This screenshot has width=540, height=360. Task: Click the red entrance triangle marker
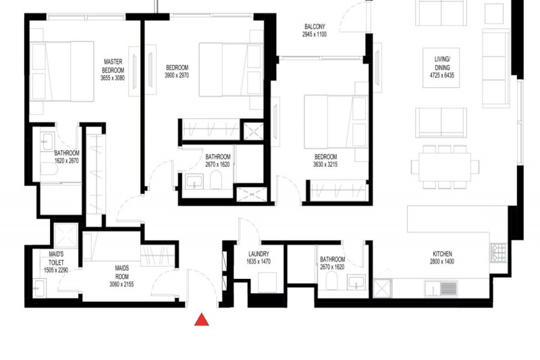click(201, 320)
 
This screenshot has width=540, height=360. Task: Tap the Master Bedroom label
click(113, 66)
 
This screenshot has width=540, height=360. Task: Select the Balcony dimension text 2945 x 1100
click(315, 34)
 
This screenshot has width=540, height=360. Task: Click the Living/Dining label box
click(441, 68)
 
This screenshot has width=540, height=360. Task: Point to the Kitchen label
click(443, 254)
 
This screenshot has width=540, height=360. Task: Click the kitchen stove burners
click(498, 253)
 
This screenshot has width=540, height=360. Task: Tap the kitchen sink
click(441, 288)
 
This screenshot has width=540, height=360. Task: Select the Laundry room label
click(259, 254)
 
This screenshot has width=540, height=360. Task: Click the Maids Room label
click(122, 272)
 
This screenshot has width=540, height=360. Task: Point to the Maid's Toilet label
click(56, 258)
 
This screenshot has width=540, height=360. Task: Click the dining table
click(445, 167)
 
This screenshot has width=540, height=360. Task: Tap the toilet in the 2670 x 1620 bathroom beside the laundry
click(332, 280)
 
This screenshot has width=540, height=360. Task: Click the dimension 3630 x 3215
click(325, 165)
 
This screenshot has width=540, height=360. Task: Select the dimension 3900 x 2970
click(177, 76)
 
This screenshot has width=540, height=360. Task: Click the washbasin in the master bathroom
click(47, 142)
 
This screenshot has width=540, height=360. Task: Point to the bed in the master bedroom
click(62, 72)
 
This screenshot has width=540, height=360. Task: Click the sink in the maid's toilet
click(39, 288)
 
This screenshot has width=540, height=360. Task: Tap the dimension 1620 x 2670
click(67, 161)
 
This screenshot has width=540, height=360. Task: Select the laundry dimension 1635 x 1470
click(259, 262)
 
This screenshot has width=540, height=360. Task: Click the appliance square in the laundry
click(267, 282)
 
